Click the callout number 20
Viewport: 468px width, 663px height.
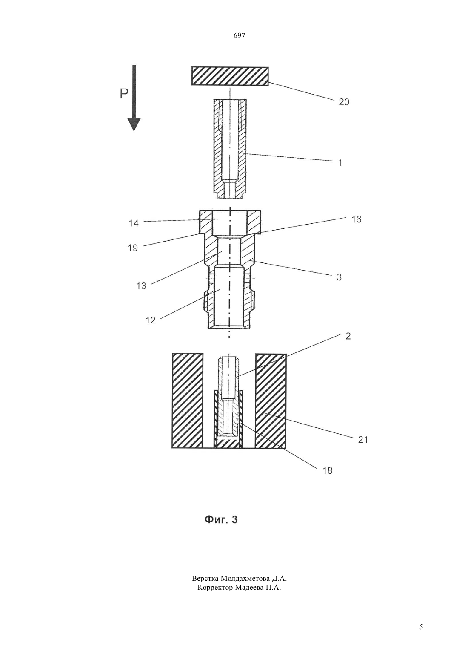(344, 102)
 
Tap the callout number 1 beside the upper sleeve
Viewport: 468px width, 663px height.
(340, 162)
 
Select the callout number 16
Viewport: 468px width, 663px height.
(357, 219)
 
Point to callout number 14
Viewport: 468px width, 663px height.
(134, 223)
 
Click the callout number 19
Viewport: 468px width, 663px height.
(133, 248)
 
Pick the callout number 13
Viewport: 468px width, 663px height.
(141, 286)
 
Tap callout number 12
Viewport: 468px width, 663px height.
(150, 320)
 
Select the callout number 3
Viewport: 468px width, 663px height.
(339, 277)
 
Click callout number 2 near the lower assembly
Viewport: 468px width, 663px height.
(348, 336)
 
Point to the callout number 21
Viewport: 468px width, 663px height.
(363, 440)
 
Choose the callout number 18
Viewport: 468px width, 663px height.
(327, 470)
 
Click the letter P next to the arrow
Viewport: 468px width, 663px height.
(124, 94)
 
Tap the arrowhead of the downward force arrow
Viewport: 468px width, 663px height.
(134, 124)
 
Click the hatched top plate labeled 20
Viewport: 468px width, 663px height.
(230, 76)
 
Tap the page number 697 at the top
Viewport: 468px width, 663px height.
(239, 36)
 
